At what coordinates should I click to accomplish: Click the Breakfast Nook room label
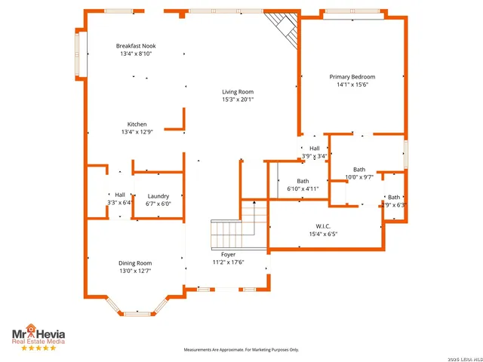tap(136, 45)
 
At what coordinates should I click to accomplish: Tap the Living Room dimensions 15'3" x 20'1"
tap(238, 100)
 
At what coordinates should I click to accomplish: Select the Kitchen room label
tap(137, 124)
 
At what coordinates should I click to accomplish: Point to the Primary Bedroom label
tap(352, 77)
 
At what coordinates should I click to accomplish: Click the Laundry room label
tap(158, 196)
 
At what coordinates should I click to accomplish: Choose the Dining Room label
tap(135, 263)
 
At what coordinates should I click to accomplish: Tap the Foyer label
tap(228, 255)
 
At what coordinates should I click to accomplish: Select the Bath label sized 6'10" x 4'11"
tap(303, 181)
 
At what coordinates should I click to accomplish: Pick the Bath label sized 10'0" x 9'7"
tap(359, 170)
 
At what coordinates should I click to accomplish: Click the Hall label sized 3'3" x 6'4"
tap(120, 195)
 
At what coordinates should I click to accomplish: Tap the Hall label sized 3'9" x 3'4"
tap(315, 149)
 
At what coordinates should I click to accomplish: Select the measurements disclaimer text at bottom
tap(241, 350)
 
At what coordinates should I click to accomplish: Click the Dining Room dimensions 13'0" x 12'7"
tap(135, 271)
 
